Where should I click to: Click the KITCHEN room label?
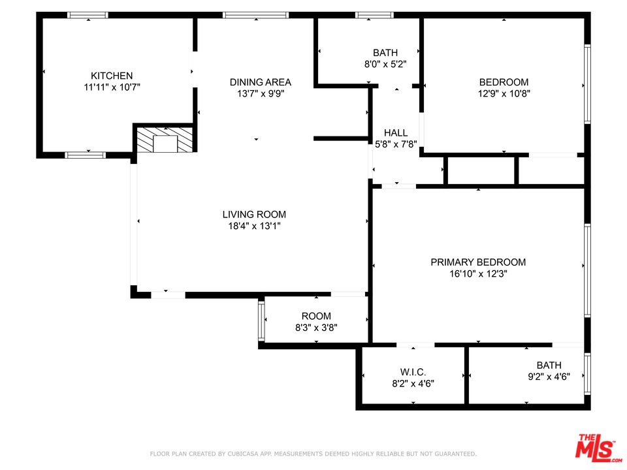point(112,76)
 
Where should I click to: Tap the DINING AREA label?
point(261,82)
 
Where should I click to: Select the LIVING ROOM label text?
point(254,215)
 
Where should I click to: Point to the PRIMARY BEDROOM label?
point(478,262)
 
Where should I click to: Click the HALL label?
point(396,133)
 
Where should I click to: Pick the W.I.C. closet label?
point(413,372)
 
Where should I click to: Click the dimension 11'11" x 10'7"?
point(112,87)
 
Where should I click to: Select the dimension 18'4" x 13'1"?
point(254,227)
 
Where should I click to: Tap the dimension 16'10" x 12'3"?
point(478,274)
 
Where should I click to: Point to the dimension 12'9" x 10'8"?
point(504,93)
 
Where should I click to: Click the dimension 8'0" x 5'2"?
point(385,64)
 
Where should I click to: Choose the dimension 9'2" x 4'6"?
point(549,377)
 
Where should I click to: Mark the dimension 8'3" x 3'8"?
point(316,328)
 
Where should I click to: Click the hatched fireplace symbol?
point(165,140)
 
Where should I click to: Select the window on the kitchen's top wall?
point(88,15)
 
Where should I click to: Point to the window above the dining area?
point(255,15)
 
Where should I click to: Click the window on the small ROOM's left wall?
point(261,321)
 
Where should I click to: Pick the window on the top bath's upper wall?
point(375,15)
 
